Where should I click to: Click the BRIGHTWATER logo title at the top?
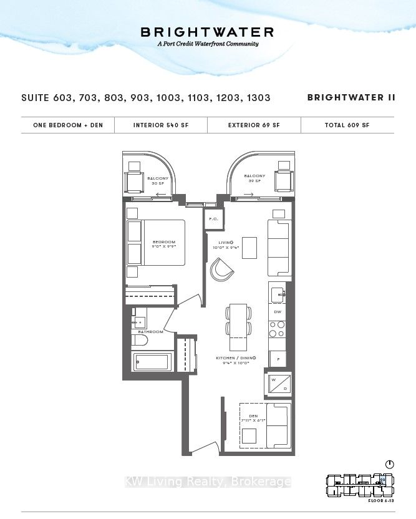tap(208, 32)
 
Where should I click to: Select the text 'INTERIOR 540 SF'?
tap(161, 125)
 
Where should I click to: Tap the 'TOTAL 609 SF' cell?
tap(347, 125)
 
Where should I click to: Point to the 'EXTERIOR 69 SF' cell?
tap(254, 125)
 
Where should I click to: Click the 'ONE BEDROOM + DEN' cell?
tap(68, 125)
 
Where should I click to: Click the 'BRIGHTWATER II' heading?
tap(350, 98)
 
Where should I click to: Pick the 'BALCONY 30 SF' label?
tap(157, 181)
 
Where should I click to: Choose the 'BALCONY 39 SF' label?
tap(254, 179)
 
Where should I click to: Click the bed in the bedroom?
tap(156, 243)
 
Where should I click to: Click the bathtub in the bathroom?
tap(152, 362)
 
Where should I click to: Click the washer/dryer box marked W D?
tap(278, 383)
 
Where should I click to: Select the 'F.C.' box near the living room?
tap(213, 220)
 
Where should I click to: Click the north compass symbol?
tap(389, 464)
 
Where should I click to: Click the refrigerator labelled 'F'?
tap(278, 359)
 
